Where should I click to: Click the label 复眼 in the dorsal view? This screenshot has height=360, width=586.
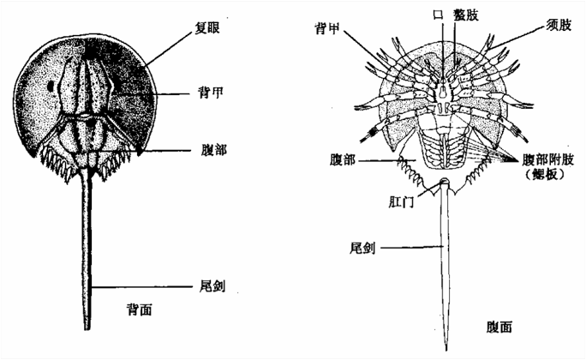(x=207, y=28)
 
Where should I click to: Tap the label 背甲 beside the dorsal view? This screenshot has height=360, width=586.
(x=211, y=93)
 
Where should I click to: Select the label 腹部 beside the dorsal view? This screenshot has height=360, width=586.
(x=213, y=150)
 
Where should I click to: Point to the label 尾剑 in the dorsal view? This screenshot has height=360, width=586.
(x=212, y=286)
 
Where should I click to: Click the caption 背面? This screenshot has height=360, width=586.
(x=140, y=309)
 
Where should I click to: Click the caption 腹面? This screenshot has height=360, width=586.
(x=499, y=327)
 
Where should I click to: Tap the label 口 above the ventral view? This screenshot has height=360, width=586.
(x=438, y=15)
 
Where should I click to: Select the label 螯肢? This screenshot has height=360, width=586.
(x=466, y=15)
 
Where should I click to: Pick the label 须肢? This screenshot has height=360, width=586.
(x=559, y=25)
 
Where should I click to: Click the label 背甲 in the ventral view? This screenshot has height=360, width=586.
(x=327, y=28)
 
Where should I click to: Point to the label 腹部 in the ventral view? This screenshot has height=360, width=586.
(x=343, y=160)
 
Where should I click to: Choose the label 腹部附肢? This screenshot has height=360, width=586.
(x=548, y=160)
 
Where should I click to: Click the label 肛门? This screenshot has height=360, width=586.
(x=401, y=202)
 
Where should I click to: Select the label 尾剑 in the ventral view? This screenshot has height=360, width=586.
(x=362, y=247)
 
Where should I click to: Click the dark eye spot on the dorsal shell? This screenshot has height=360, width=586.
(x=50, y=87)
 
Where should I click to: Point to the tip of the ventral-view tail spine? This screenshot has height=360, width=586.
(x=446, y=351)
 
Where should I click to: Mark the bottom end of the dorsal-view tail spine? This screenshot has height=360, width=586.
(x=87, y=329)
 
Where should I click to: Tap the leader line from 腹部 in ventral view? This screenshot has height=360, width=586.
(x=387, y=160)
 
